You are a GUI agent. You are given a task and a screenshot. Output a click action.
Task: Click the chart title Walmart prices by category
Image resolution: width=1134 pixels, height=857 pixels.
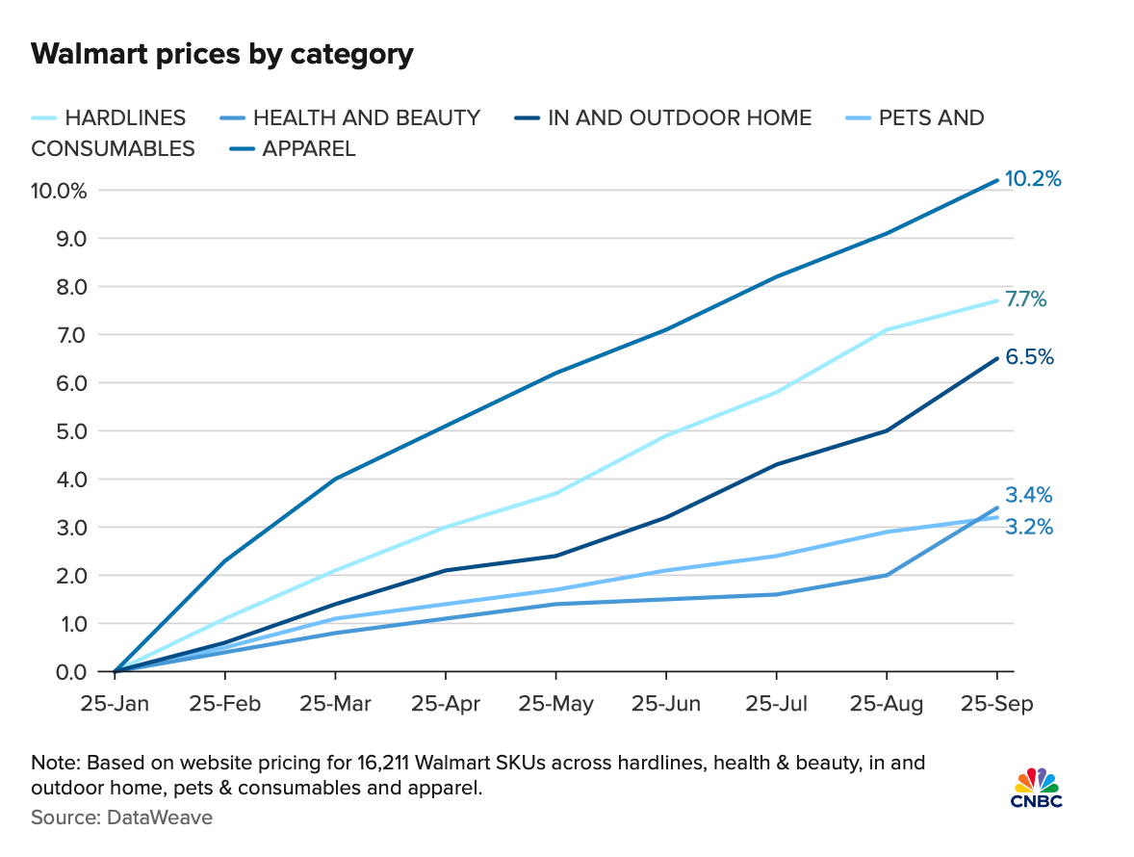pos(222,54)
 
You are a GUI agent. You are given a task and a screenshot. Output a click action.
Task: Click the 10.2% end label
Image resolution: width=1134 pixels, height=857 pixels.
pos(1033,179)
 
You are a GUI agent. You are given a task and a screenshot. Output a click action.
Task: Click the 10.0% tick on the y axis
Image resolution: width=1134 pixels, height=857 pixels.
pos(60,191)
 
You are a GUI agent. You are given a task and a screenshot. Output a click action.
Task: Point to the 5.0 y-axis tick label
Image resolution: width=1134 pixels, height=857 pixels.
pos(68,431)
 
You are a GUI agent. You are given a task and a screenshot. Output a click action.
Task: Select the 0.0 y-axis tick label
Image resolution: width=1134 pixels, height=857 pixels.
pos(68,672)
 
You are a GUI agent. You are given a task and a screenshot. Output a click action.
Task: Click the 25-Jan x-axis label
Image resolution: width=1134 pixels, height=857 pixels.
pos(115,705)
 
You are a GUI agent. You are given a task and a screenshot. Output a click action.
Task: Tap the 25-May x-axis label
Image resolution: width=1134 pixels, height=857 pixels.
pos(555,705)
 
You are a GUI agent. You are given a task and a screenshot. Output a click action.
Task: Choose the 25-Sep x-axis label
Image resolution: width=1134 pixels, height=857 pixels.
pos(995,705)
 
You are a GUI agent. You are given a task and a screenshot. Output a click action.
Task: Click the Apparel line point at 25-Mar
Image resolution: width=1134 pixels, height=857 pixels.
pos(335,479)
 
